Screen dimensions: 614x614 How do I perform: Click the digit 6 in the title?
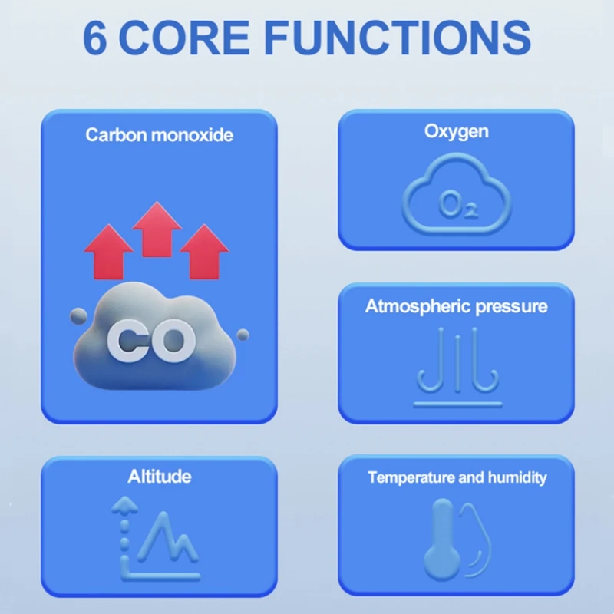pyautogui.click(x=95, y=38)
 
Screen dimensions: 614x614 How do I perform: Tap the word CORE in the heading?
pyautogui.click(x=183, y=38)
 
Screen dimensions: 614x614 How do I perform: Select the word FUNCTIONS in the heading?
pyautogui.click(x=398, y=38)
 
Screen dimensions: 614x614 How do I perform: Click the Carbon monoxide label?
pyautogui.click(x=160, y=135)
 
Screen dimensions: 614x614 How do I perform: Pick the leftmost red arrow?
pyautogui.click(x=108, y=252)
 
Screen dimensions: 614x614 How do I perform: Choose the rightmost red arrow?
pyautogui.click(x=204, y=252)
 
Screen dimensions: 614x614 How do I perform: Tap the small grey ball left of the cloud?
pyautogui.click(x=78, y=316)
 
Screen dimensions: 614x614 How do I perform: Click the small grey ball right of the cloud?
pyautogui.click(x=243, y=335)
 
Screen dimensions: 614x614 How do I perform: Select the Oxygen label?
pyautogui.click(x=457, y=132)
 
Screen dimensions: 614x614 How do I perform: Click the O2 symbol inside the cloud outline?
pyautogui.click(x=458, y=205)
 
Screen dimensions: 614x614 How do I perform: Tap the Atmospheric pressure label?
pyautogui.click(x=456, y=306)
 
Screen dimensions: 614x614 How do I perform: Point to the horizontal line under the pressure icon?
pyautogui.click(x=457, y=404)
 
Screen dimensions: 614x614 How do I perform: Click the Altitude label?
pyautogui.click(x=160, y=477)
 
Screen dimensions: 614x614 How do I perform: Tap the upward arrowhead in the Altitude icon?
pyautogui.click(x=124, y=505)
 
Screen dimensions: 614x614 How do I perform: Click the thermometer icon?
pyautogui.click(x=442, y=540)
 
